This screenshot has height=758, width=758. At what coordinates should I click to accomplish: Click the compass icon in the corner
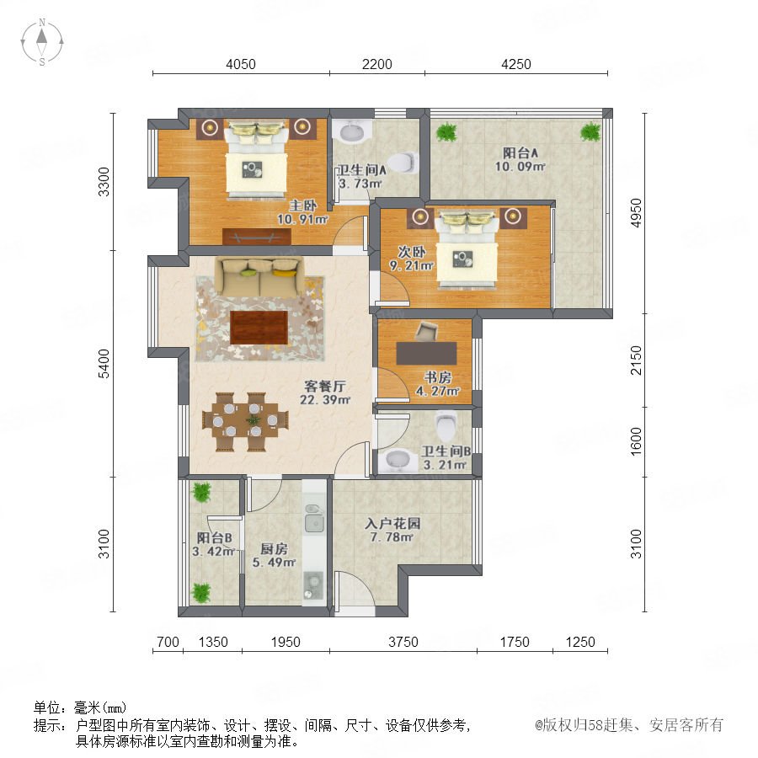pyautogui.click(x=42, y=42)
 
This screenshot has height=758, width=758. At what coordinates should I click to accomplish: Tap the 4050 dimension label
pyautogui.click(x=241, y=64)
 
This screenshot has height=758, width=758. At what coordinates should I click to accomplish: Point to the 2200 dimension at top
pyautogui.click(x=377, y=64)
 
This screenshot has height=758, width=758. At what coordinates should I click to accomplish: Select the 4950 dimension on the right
pyautogui.click(x=636, y=213)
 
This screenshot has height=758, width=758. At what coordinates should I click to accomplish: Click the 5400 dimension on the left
pyautogui.click(x=104, y=364)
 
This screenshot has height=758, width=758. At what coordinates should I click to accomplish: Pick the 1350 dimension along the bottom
pyautogui.click(x=213, y=642)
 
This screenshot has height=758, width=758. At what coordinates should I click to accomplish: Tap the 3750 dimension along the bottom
pyautogui.click(x=403, y=642)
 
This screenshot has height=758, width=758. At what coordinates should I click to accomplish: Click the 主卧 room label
pyautogui.click(x=303, y=206)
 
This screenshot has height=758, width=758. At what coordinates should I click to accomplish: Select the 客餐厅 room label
pyautogui.click(x=325, y=387)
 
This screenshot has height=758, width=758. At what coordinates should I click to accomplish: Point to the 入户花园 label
pyautogui.click(x=392, y=524)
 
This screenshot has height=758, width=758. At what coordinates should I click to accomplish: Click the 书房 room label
pyautogui.click(x=438, y=377)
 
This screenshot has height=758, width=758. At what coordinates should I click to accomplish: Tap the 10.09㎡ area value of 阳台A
pyautogui.click(x=520, y=167)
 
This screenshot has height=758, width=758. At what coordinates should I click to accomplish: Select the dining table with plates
pyautogui.click(x=246, y=422)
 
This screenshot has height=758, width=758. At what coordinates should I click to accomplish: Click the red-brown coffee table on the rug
pyautogui.click(x=259, y=328)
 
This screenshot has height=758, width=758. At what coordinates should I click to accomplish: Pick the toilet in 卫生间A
pyautogui.click(x=403, y=163)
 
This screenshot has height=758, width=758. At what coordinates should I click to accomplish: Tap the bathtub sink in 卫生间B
pyautogui.click(x=398, y=462)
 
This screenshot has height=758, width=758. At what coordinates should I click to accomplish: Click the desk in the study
pyautogui.click(x=426, y=353)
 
